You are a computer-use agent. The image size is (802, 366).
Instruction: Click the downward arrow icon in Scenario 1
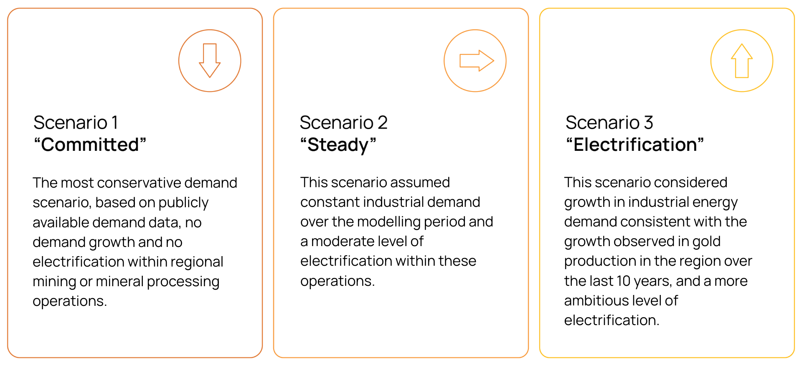[210, 61]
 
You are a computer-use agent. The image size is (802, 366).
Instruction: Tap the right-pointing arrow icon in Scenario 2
[476, 61]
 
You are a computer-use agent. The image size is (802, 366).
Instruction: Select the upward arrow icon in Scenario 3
[742, 61]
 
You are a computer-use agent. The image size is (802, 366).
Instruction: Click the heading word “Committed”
[90, 145]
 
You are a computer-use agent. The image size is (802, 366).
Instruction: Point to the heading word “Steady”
[338, 145]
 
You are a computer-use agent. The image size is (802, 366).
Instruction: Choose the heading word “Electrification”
[635, 145]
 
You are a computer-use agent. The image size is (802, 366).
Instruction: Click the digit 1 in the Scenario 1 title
[115, 123]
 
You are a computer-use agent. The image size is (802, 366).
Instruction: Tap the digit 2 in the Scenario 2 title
[383, 123]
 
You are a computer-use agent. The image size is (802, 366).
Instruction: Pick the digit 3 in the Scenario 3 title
[648, 123]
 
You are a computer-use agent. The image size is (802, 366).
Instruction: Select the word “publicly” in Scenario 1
[183, 203]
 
